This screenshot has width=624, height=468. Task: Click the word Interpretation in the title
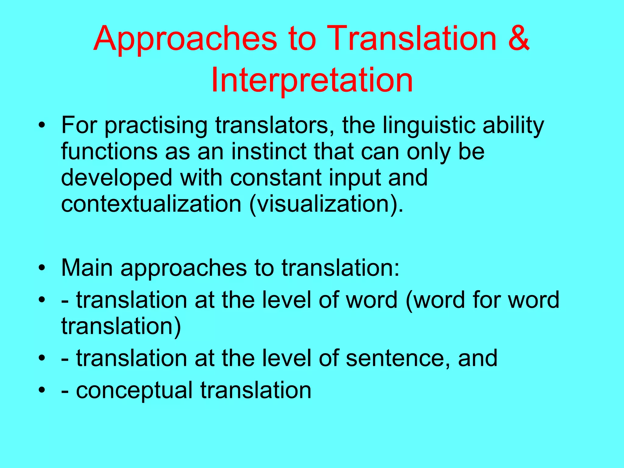pos(312,80)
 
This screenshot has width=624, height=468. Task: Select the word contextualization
pos(151,204)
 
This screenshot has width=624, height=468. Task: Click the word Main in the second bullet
pos(87,268)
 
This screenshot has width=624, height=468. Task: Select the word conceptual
pos(134,391)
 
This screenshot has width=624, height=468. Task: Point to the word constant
pos(276,178)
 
